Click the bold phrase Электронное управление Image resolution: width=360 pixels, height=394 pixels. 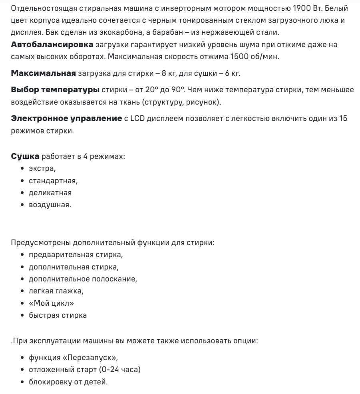click(66, 119)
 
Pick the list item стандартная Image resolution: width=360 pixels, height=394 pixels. click(53, 181)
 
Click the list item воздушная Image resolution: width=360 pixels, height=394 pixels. click(50, 205)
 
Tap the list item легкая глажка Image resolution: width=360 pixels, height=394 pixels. click(56, 291)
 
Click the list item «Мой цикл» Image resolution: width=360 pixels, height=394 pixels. click(51, 303)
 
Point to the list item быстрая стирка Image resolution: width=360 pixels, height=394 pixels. click(58, 315)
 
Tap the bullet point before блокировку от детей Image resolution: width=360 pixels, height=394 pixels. click(23, 382)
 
